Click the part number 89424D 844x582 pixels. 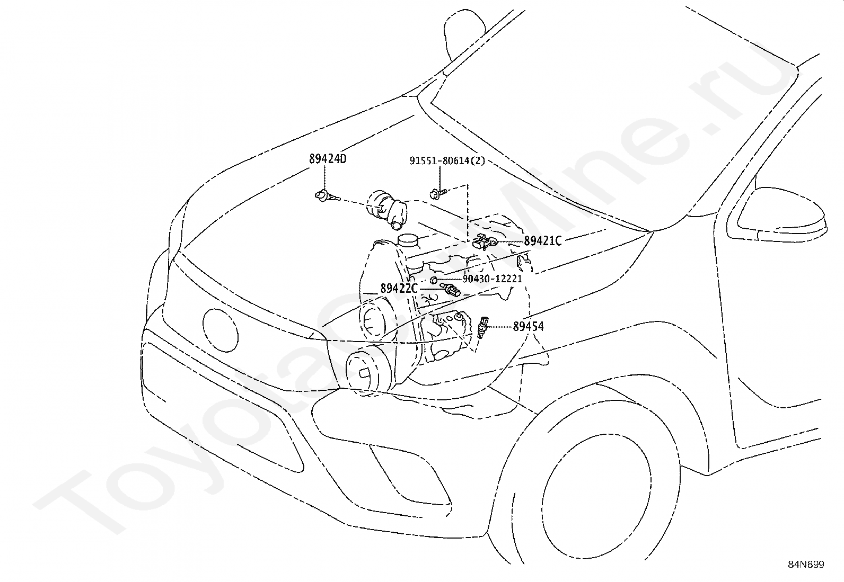(x=328, y=158)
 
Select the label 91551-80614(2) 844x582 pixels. (x=447, y=160)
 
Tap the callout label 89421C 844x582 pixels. (x=542, y=241)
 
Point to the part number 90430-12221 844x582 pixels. (x=492, y=279)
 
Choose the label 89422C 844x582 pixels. (x=399, y=289)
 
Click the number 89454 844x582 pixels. (x=528, y=326)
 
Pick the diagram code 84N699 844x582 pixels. (x=805, y=564)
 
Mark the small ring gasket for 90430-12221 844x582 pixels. (x=433, y=280)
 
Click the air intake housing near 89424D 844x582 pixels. (x=385, y=211)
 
